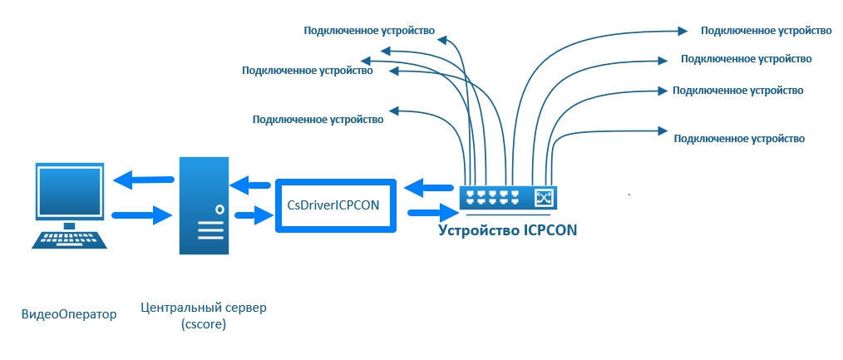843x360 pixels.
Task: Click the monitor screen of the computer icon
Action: tap(70, 190)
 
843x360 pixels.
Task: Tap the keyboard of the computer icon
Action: tap(70, 239)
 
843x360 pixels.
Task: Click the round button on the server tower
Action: tap(219, 209)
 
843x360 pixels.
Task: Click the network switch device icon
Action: tap(507, 198)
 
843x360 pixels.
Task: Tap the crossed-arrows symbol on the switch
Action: tap(545, 198)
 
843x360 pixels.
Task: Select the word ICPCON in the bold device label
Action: tap(550, 229)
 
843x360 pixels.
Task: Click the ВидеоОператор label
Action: tap(68, 313)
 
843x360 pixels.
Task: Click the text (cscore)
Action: tap(204, 324)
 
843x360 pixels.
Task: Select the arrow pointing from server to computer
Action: tap(144, 178)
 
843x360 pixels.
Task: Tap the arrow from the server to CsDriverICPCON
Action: tap(254, 217)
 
